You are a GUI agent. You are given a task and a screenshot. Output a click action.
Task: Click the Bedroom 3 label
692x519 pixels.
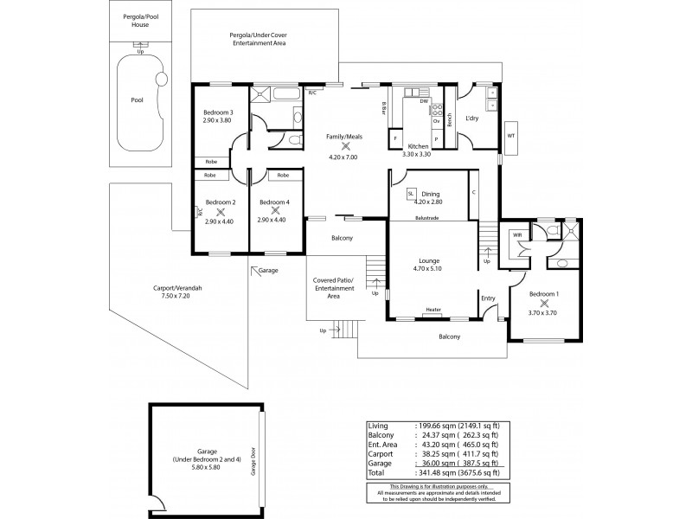(x=218, y=113)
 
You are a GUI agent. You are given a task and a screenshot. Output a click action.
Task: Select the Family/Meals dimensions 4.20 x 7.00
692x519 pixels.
(x=343, y=157)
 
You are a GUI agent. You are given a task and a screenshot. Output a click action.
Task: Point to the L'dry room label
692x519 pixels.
(x=471, y=118)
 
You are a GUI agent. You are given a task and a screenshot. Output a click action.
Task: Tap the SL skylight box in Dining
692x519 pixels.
(x=411, y=195)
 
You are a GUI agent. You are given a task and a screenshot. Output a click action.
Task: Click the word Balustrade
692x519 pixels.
(x=427, y=218)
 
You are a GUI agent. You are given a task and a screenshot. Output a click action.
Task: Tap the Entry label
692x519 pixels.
(x=488, y=298)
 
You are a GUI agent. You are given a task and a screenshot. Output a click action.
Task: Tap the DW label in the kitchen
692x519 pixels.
(x=425, y=102)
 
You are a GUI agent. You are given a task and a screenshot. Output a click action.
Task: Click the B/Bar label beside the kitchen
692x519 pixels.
(x=384, y=107)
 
